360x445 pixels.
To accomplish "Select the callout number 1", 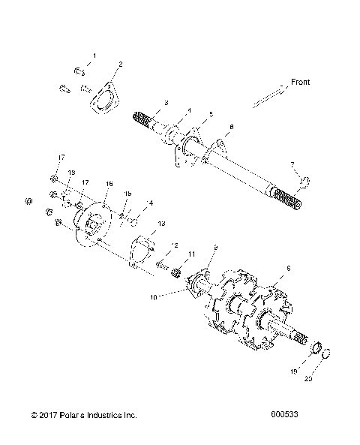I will (94, 56).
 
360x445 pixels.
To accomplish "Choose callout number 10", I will (155, 298).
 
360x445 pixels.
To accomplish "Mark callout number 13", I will (161, 224).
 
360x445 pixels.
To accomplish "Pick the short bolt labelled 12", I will (163, 263).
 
